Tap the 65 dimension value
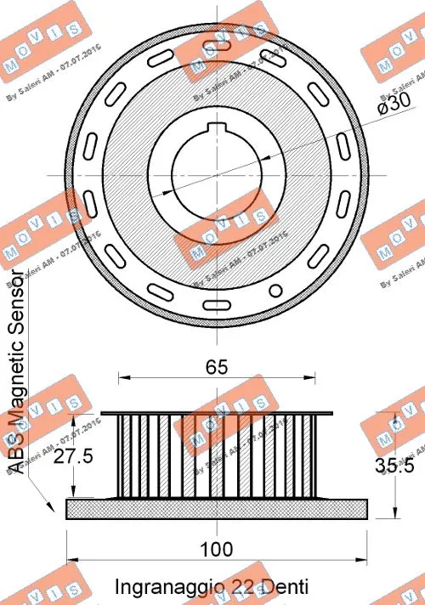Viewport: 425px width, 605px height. [x=217, y=367]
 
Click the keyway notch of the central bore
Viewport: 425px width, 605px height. [x=217, y=128]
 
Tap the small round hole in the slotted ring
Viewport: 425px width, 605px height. [x=274, y=290]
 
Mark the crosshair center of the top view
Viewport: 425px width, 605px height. [x=217, y=176]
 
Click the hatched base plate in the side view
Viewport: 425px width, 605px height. [x=217, y=508]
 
